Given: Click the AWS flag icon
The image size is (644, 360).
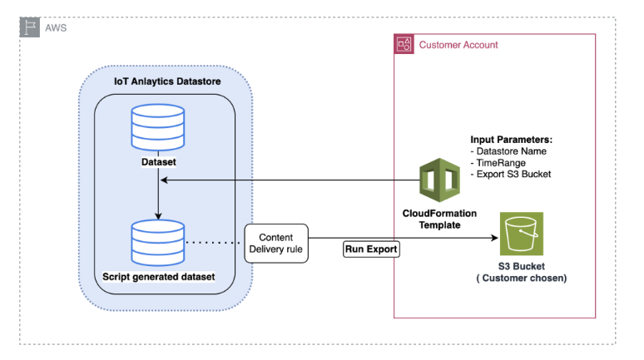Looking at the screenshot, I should [29, 27].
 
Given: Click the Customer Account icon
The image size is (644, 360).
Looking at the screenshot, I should [404, 44].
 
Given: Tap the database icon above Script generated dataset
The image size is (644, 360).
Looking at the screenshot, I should [158, 242].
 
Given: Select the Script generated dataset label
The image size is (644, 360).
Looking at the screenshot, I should [158, 275].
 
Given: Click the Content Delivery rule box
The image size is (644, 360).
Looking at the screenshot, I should [276, 243].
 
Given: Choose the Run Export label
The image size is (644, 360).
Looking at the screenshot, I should [371, 249].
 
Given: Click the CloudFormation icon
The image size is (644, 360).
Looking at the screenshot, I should [439, 182].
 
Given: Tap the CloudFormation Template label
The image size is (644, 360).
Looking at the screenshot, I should [439, 219].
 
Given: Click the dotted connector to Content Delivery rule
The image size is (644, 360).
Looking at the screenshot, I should [215, 243].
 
